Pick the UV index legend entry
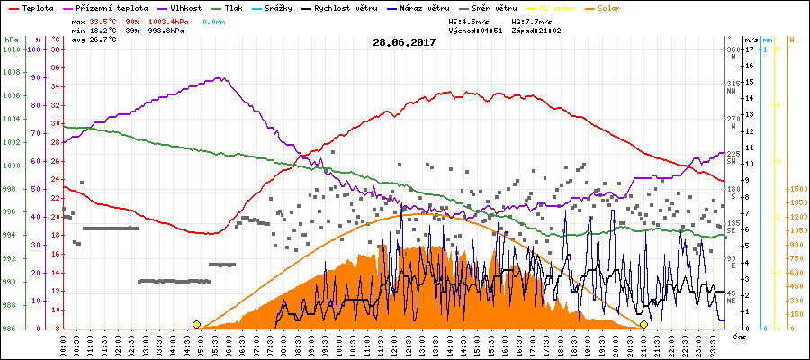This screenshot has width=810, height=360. pos(563,7)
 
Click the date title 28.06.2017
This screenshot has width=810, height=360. pos(404,42)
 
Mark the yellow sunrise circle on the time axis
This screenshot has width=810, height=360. pos(196,324)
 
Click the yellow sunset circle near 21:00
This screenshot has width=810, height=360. pos(643,324)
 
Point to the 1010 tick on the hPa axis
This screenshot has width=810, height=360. pos(11,49)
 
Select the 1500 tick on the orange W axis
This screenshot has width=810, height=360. pos(796,190)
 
